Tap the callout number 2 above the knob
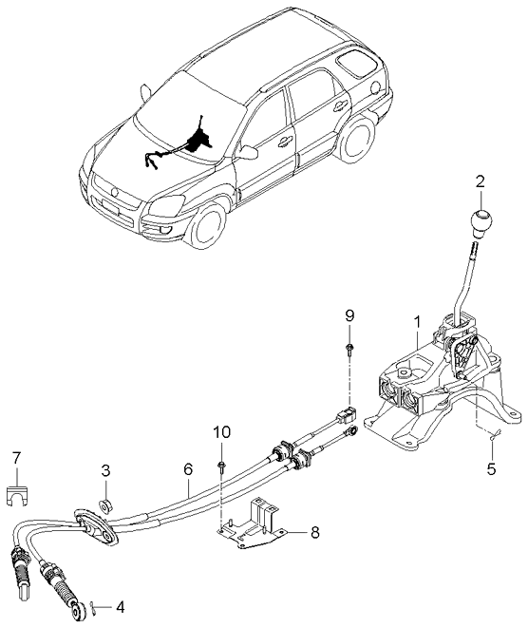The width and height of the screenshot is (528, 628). click(x=481, y=181)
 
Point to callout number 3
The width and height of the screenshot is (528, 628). click(x=105, y=470)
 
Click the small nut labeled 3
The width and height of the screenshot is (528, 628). click(x=107, y=501)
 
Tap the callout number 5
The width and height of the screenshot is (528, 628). click(x=491, y=467)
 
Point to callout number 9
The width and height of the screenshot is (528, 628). click(x=349, y=314)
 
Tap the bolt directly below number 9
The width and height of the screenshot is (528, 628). click(x=349, y=350)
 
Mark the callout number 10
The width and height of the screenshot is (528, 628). click(x=220, y=432)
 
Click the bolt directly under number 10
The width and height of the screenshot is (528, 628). click(x=220, y=465)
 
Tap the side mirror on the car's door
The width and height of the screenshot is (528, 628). click(x=250, y=151)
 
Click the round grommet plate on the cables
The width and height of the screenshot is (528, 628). click(x=95, y=525)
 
